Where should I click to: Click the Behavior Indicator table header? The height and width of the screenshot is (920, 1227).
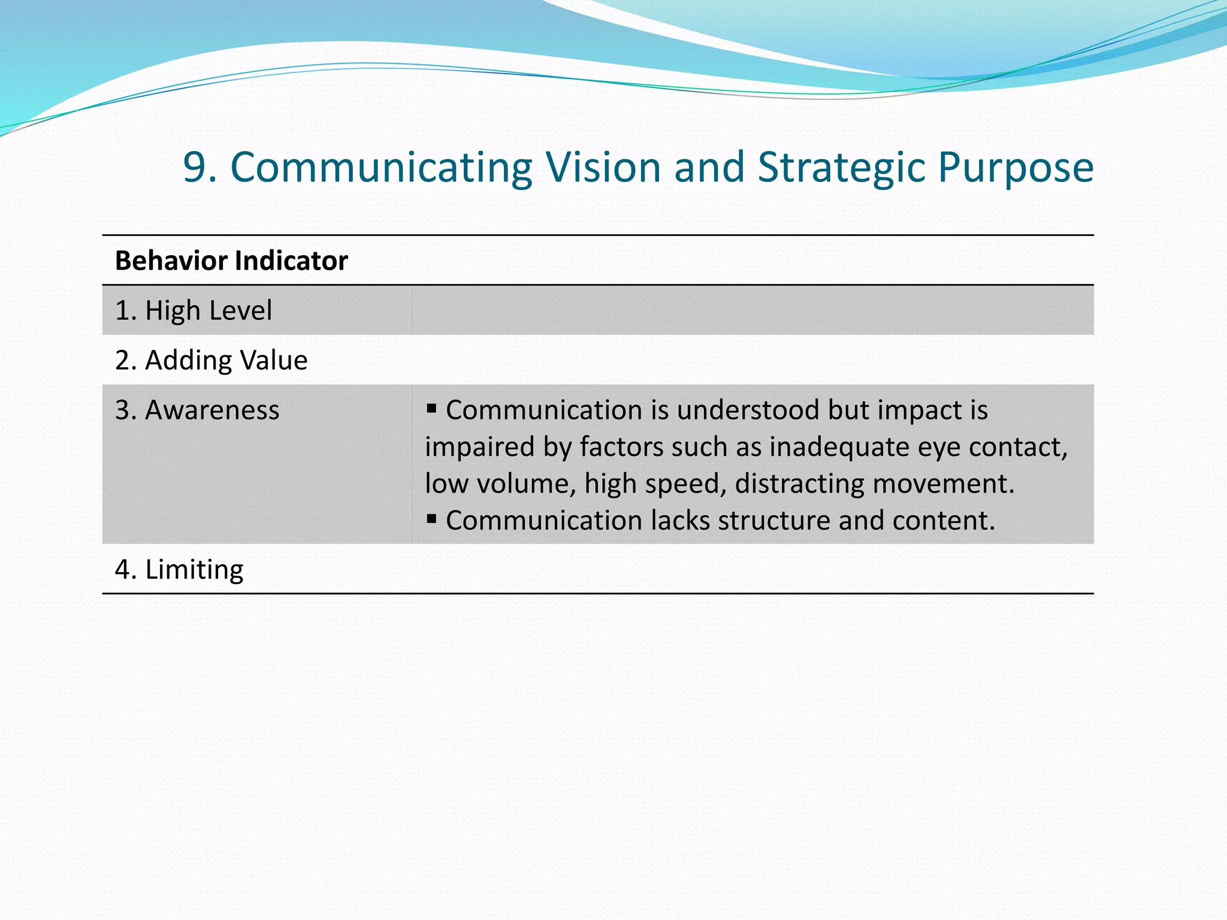[x=231, y=261]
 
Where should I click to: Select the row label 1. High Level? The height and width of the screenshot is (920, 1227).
[x=194, y=311]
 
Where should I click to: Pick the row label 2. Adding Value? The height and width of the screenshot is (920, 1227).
[x=211, y=361]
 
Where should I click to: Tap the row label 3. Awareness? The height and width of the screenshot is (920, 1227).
[x=197, y=410]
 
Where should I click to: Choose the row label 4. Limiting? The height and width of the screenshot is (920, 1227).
[x=179, y=570]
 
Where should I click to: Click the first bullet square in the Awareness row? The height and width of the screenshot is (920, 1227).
[x=431, y=409]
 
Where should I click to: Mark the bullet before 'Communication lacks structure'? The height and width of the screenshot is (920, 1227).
[x=431, y=519]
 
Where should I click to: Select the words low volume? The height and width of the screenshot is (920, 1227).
[x=500, y=484]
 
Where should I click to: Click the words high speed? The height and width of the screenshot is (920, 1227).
[x=655, y=484]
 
